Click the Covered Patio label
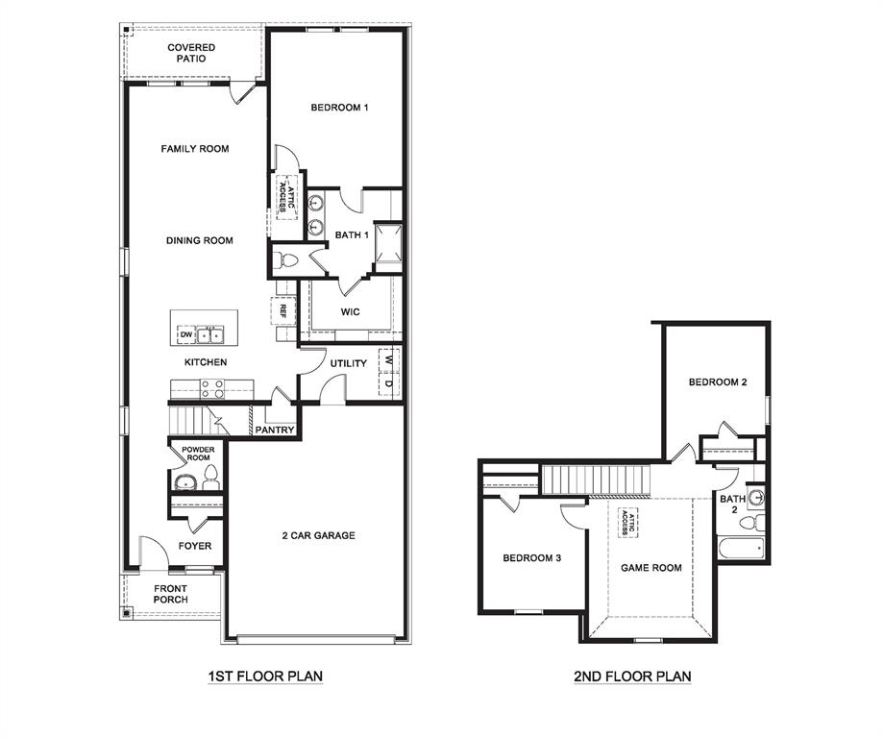[x=191, y=53]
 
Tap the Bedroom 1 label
[x=339, y=108]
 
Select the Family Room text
[x=194, y=149]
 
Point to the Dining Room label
[x=199, y=240]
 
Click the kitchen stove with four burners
[x=211, y=388]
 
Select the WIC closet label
[x=351, y=311]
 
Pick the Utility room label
[x=348, y=363]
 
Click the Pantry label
[x=274, y=430]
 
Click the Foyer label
[x=195, y=546]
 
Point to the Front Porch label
[x=171, y=594]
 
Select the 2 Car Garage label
[x=318, y=535]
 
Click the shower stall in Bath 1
[x=389, y=242]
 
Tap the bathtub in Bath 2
[x=742, y=550]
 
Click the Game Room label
[x=651, y=568]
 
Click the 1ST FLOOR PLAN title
[x=265, y=676]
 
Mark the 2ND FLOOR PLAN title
[x=632, y=676]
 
